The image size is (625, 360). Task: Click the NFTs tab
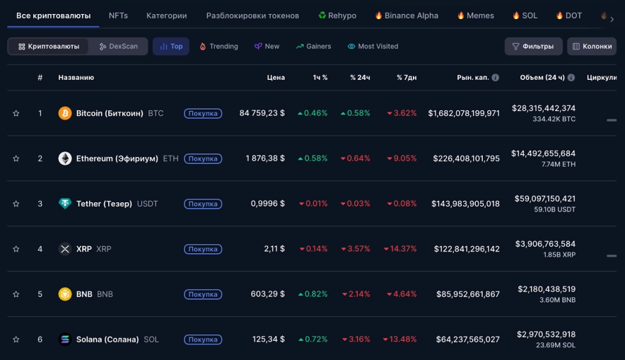tap(118, 16)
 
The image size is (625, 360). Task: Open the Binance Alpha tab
tap(407, 16)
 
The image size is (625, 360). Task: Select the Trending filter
tap(218, 47)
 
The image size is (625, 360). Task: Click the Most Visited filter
tap(373, 47)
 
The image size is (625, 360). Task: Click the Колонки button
tap(591, 47)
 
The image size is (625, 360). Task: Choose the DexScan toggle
tap(118, 47)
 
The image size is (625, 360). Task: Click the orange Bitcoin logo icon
tap(65, 113)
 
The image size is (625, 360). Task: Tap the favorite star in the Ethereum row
tap(16, 158)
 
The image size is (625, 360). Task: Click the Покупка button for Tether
tap(203, 204)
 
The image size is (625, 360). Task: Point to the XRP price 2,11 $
tap(274, 249)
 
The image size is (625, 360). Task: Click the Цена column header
tap(276, 78)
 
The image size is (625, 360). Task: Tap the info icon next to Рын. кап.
tap(495, 78)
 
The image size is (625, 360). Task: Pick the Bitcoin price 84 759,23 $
tap(262, 113)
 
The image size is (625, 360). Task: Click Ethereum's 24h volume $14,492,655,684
tap(543, 153)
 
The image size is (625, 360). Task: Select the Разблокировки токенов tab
tap(252, 16)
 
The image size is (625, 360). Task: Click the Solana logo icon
tap(65, 339)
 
